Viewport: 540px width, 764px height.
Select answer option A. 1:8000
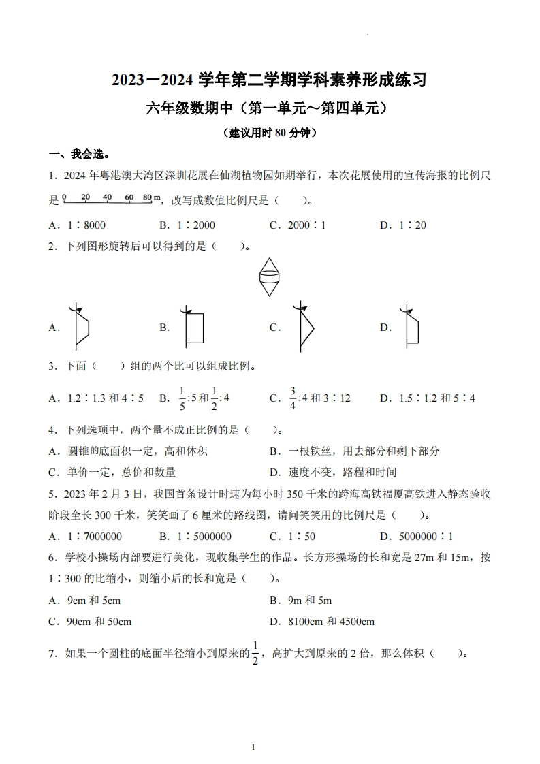point(77,225)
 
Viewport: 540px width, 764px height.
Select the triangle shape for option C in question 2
point(304,327)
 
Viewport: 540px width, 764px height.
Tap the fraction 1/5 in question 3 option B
point(182,398)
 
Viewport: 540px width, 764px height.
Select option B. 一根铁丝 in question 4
point(354,451)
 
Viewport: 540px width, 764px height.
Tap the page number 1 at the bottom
point(253,747)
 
